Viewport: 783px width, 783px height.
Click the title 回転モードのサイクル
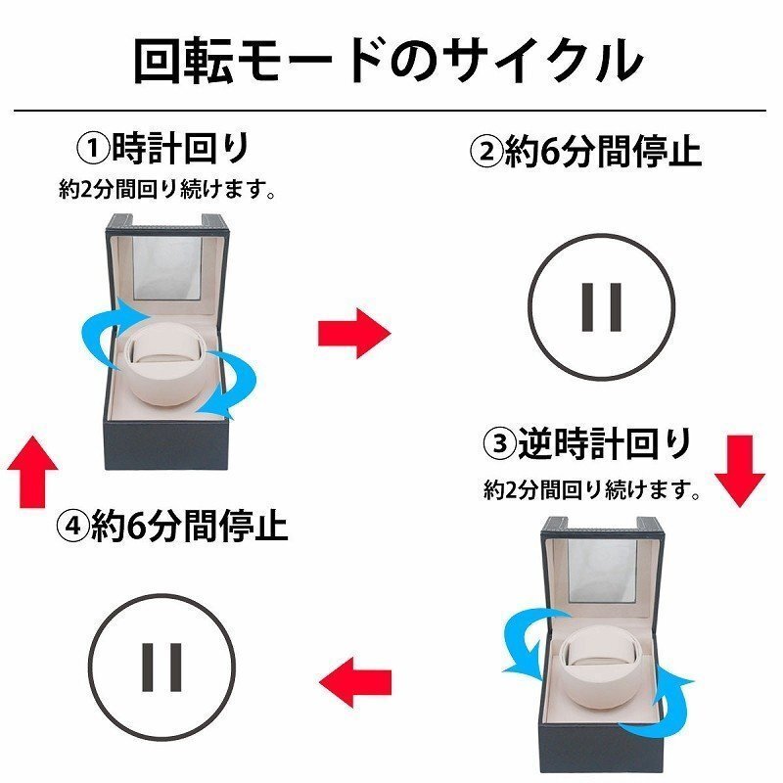(389, 60)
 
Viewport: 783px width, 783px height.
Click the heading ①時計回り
(162, 149)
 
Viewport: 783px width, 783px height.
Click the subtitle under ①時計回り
(165, 191)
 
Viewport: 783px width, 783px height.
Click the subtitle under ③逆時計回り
(593, 489)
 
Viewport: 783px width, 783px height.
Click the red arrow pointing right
(353, 333)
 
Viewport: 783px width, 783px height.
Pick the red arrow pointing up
(32, 470)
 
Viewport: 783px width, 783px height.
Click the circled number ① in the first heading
(94, 150)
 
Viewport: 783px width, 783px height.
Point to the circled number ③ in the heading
(499, 444)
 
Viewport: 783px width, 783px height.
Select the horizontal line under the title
(391, 111)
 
